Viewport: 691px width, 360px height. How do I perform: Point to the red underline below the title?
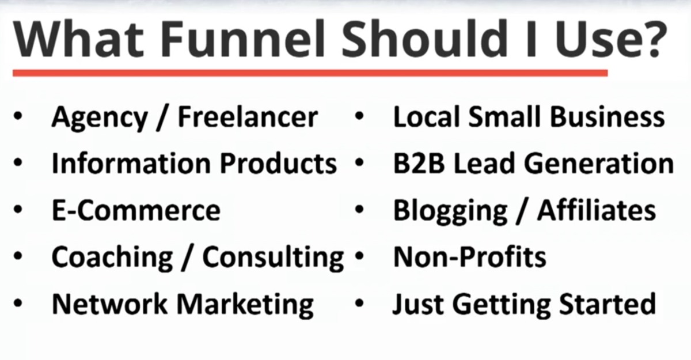tap(310, 73)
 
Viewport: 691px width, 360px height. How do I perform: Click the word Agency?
tap(100, 119)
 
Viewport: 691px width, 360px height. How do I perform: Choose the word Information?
tap(131, 164)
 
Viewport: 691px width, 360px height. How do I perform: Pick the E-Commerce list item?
tap(136, 210)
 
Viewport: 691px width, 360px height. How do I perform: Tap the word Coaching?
tap(112, 259)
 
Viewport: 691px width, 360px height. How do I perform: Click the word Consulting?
tap(273, 259)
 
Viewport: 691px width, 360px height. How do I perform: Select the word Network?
tap(109, 305)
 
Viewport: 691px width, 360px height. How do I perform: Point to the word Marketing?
tap(245, 306)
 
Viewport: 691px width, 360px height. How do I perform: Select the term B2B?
tap(419, 164)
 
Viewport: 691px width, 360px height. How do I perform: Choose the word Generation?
tap(599, 164)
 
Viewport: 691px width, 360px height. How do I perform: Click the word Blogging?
tap(450, 211)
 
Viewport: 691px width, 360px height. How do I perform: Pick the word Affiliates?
tap(597, 210)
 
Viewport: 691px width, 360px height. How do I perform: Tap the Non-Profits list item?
tap(470, 257)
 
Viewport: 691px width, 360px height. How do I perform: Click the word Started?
tap(608, 304)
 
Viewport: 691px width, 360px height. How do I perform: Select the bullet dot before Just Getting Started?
tap(359, 304)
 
